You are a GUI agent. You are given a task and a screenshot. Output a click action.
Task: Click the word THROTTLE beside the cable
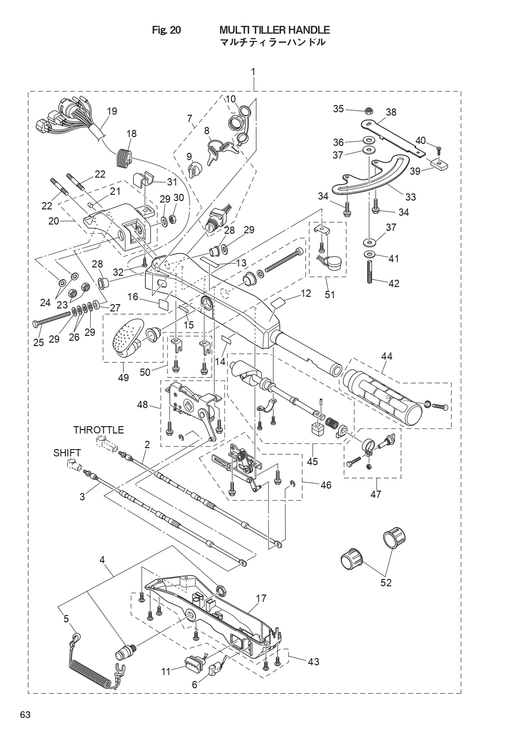pos(98,430)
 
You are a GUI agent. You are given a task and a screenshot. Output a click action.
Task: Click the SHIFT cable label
pos(67,453)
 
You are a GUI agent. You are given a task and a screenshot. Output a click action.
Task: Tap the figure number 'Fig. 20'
pos(167,30)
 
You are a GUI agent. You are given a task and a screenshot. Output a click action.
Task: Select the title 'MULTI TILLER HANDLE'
pos(275,30)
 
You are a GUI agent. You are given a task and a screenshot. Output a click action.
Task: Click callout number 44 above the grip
pos(387,356)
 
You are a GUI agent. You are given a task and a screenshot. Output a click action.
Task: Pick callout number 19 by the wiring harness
pos(112,111)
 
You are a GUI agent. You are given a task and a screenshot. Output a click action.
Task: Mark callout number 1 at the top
pos(253,71)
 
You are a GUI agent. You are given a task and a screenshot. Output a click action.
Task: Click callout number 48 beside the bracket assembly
pos(142,404)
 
